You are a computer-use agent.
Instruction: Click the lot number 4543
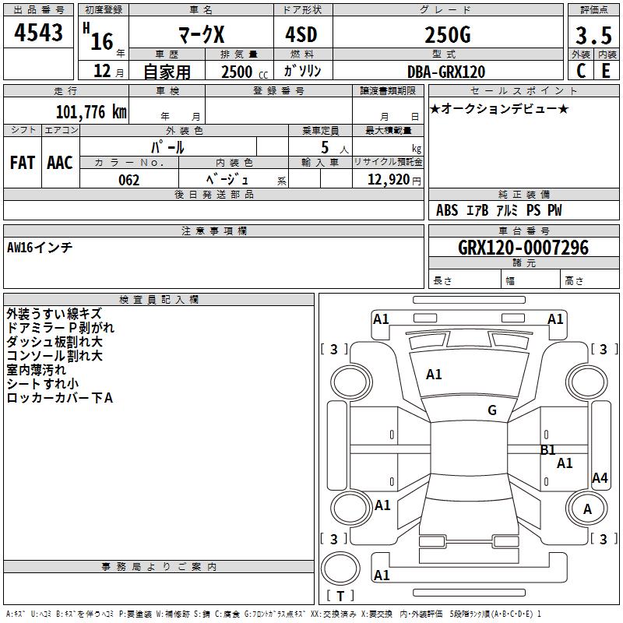coord(39,34)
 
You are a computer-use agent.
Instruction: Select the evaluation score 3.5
coord(592,36)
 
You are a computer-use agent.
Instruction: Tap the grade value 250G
coord(447,36)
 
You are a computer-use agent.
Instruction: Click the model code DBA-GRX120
coord(446,72)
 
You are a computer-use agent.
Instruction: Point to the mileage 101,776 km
coord(91,111)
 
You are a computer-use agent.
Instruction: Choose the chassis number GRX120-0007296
coord(523,248)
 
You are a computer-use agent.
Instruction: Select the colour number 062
coord(128,180)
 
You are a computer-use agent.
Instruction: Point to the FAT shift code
coord(22,162)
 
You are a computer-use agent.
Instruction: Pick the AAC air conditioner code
coord(60,162)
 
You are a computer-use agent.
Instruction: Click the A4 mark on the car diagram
coord(600,478)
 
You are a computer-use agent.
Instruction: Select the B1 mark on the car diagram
coord(547,449)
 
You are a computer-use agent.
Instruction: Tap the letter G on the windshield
coord(491,410)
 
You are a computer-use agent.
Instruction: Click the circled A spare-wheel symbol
coord(588,509)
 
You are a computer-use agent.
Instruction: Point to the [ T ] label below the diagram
coord(340,596)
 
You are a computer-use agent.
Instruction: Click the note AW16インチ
coord(40,247)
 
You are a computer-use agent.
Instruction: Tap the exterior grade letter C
coord(580,71)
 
